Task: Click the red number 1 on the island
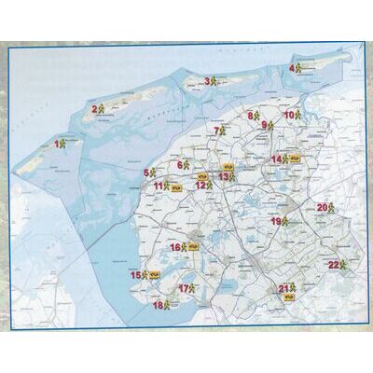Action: coord(57,143)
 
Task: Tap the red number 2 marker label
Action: coord(94,109)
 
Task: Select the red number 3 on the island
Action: coord(207,81)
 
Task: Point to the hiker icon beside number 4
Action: coord(300,68)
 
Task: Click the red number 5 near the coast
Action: coord(146,173)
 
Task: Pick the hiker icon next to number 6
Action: coord(190,166)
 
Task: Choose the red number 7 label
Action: coord(216,131)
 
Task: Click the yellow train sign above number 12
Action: coord(201,172)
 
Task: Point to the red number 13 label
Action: coord(224,175)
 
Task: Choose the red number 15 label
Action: coord(135,275)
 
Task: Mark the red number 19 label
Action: coord(276,221)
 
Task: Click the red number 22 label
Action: coord(333,265)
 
